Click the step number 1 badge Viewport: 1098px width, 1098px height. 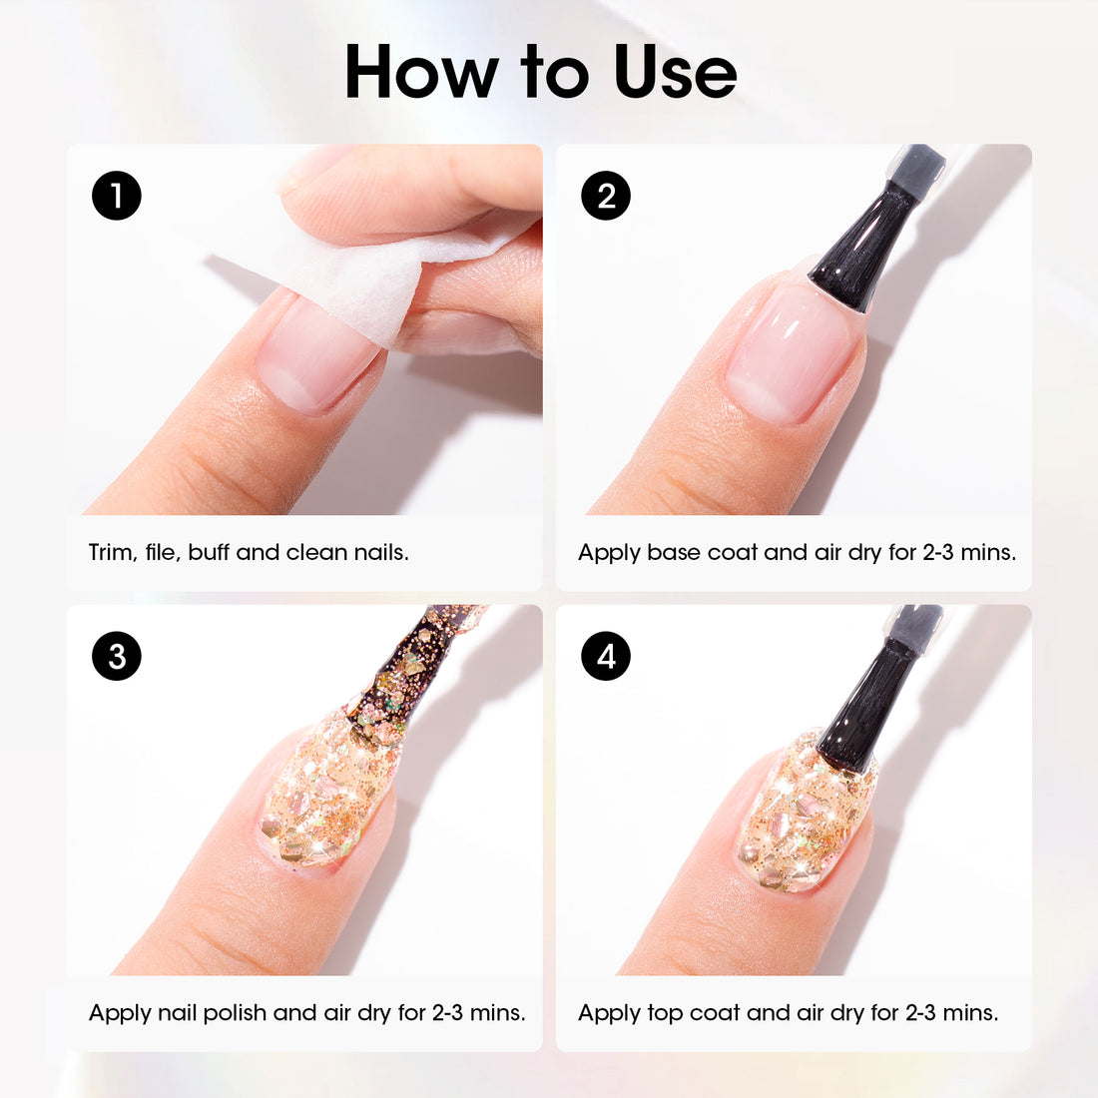[117, 196]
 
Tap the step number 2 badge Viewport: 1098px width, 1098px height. [606, 196]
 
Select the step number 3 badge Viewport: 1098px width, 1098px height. [117, 656]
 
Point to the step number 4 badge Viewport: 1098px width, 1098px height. [606, 656]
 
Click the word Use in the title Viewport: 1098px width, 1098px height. [675, 72]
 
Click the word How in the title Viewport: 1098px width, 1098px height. [422, 72]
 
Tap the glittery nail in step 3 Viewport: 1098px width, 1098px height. [324, 789]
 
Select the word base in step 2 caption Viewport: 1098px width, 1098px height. [674, 552]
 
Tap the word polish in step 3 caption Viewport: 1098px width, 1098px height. [235, 1012]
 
